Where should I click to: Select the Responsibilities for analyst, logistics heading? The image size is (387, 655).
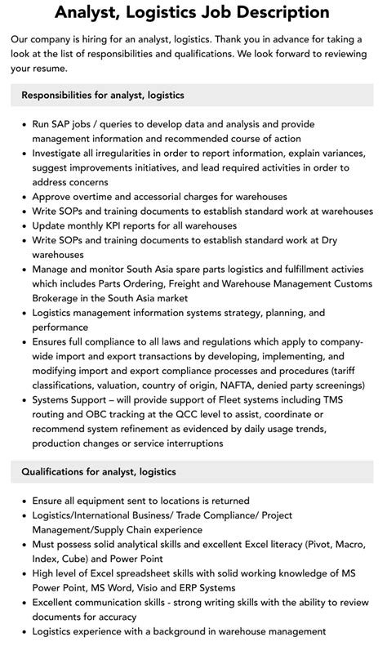tap(103, 96)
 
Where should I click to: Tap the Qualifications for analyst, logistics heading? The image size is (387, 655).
tap(99, 472)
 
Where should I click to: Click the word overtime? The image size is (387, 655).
tap(96, 196)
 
